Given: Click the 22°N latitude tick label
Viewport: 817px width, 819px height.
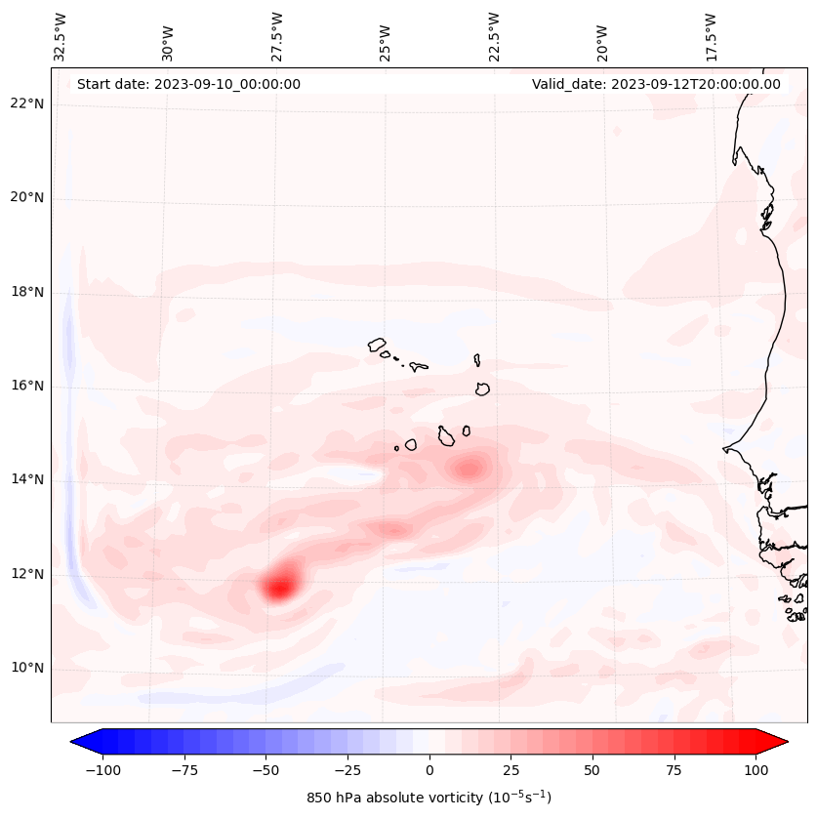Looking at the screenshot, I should tap(28, 103).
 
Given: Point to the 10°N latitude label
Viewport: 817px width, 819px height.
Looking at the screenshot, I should tap(28, 669).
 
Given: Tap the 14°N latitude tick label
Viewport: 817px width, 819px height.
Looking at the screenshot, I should tap(28, 480).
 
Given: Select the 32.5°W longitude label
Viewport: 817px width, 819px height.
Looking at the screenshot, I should tap(61, 37).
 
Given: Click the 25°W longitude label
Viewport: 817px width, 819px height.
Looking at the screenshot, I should tap(386, 37).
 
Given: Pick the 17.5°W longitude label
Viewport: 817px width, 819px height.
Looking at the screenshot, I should tap(711, 37).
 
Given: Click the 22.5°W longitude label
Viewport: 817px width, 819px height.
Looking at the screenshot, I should tap(494, 37).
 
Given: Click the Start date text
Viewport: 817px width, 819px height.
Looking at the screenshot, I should tap(188, 84).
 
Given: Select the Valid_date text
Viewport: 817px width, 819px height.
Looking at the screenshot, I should tap(656, 84).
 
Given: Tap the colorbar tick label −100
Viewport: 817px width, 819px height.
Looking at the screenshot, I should tap(102, 770).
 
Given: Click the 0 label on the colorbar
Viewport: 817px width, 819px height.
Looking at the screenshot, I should tap(429, 770).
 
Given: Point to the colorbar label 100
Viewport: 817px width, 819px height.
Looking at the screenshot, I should tap(756, 770).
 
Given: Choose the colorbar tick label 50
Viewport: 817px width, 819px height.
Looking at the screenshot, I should tap(592, 770).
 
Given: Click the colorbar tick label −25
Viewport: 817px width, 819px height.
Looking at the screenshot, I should tap(347, 770).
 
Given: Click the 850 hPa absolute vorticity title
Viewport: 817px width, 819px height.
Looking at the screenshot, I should tap(429, 798).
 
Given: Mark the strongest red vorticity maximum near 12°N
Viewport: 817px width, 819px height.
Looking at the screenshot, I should tap(279, 586).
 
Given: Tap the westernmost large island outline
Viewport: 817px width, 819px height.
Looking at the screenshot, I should tap(377, 344).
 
